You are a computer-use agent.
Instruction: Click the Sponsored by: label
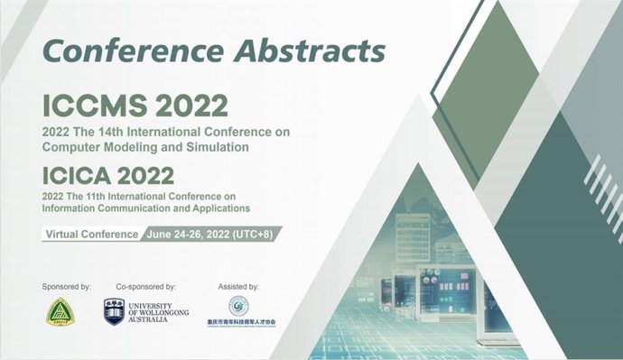67,287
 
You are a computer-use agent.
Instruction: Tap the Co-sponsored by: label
146,287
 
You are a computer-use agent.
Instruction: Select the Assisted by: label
238,287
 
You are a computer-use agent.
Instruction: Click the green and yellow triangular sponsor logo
60,313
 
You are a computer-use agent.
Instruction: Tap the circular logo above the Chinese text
238,305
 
